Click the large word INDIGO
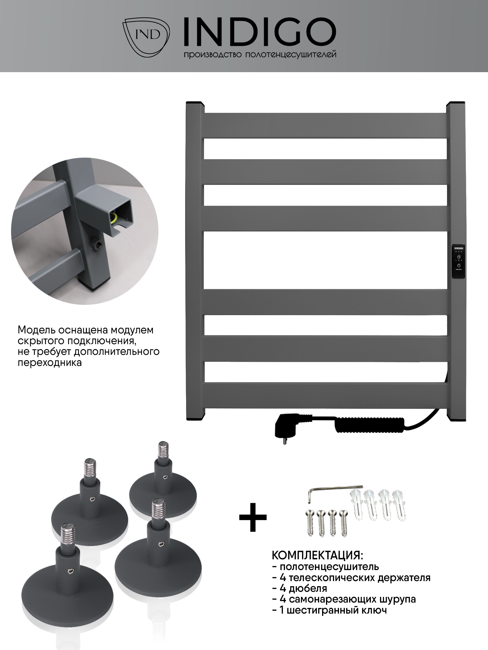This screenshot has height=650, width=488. (x=260, y=32)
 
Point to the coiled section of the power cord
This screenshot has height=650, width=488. (x=369, y=424)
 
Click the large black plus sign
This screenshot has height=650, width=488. (x=253, y=518)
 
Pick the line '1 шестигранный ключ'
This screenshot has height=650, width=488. (x=330, y=610)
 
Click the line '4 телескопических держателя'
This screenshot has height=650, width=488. (x=351, y=578)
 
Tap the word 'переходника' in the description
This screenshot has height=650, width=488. (x=49, y=362)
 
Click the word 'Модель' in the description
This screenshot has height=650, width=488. (x=36, y=330)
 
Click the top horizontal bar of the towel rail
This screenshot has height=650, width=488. (x=325, y=125)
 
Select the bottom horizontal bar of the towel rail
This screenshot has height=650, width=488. (x=325, y=396)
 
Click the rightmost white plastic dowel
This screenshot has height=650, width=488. (x=399, y=505)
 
